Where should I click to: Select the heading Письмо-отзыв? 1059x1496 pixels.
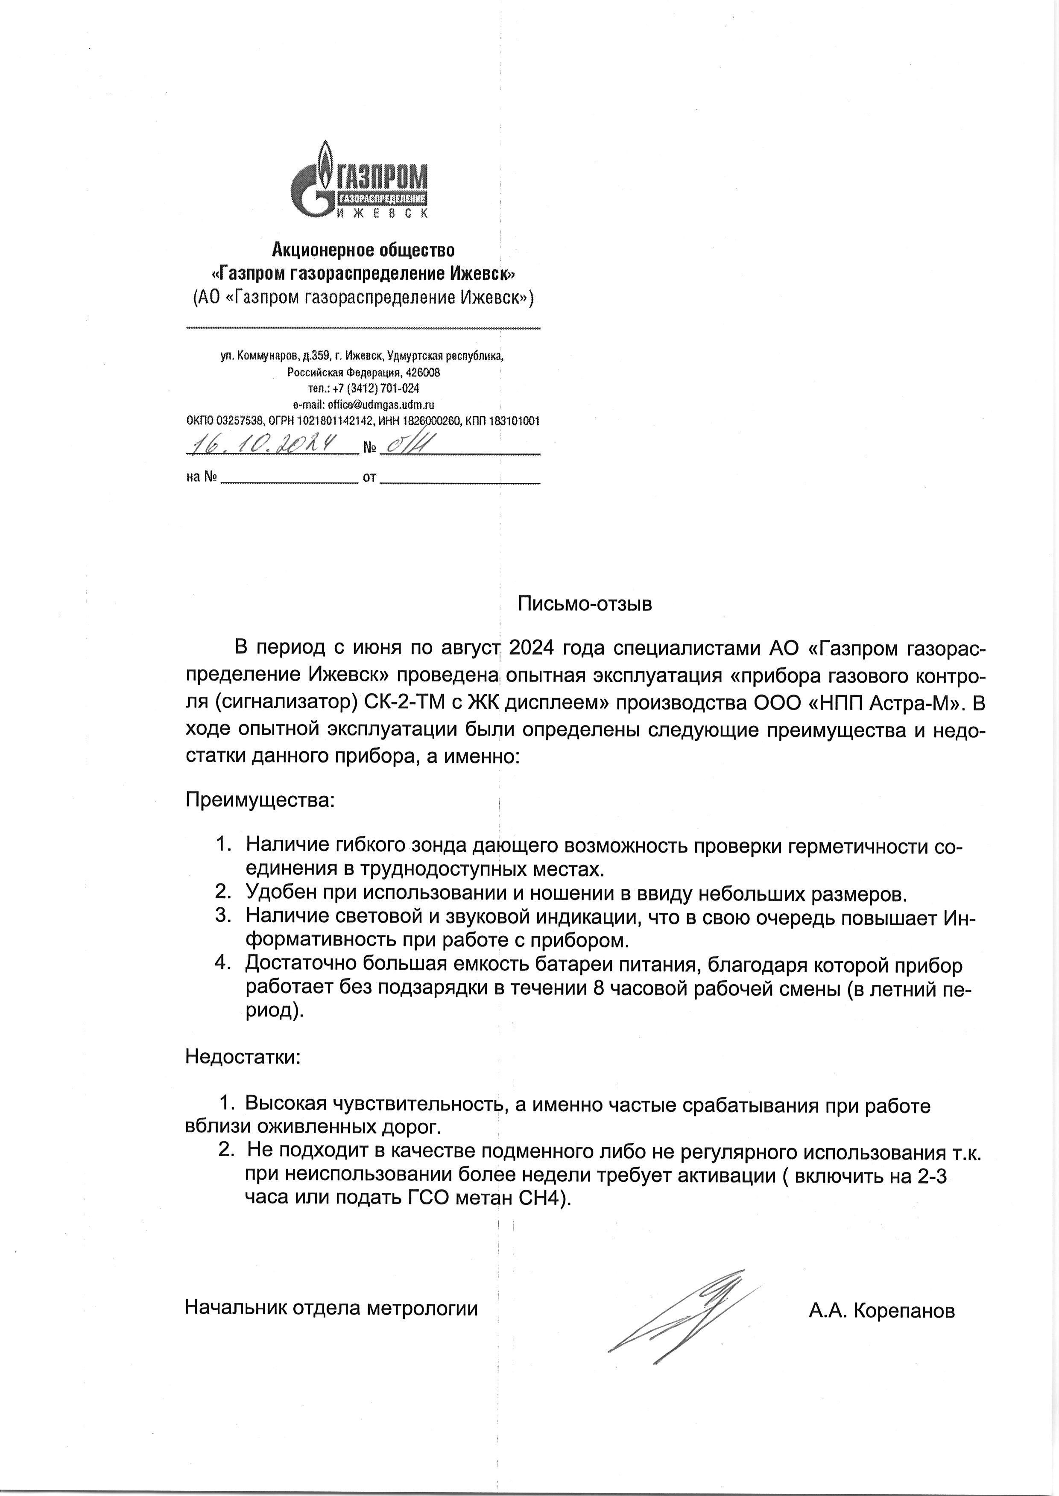(x=585, y=604)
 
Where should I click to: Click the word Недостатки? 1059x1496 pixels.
(x=243, y=1057)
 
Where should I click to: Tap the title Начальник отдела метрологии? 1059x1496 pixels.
(x=331, y=1308)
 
